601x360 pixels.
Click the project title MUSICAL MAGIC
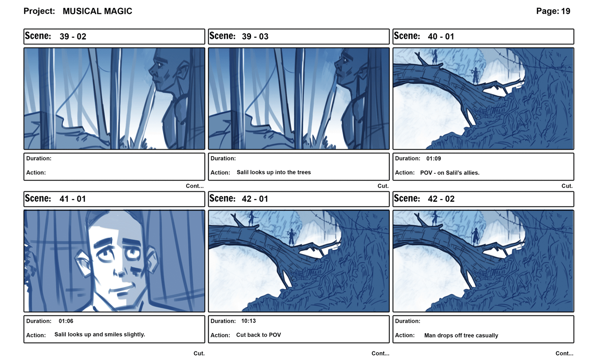[97, 11]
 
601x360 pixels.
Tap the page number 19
[566, 11]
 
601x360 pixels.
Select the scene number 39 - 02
[73, 36]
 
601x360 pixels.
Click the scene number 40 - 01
[441, 36]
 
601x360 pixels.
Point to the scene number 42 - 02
[441, 199]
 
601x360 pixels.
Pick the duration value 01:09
[433, 158]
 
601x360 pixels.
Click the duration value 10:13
[248, 321]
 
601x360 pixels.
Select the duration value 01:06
[66, 321]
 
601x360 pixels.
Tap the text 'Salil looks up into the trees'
[274, 172]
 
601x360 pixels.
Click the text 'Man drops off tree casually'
[461, 335]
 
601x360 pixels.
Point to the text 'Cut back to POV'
[259, 335]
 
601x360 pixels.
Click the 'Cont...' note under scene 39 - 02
[195, 186]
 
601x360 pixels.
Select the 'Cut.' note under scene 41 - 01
[199, 354]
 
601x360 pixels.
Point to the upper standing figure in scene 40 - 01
[434, 57]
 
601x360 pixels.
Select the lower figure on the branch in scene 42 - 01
[291, 237]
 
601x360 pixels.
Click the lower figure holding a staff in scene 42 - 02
[475, 236]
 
